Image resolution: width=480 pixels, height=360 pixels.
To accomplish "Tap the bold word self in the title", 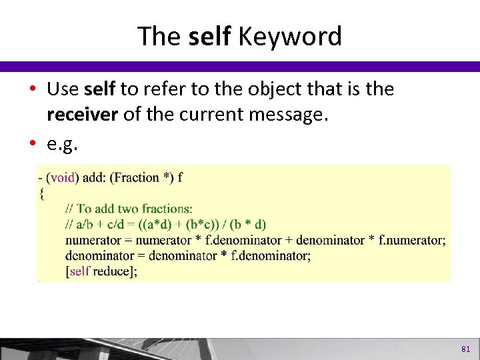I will click(x=210, y=37).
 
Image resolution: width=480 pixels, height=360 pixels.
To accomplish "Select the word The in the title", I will click(x=159, y=37).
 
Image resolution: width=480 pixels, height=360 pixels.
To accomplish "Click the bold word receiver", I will click(x=82, y=115).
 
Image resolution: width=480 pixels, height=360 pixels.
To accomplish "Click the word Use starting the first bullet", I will click(x=64, y=89).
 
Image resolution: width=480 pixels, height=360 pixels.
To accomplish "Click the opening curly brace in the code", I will click(x=41, y=193).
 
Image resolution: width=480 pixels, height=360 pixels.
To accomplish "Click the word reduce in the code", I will click(x=111, y=271).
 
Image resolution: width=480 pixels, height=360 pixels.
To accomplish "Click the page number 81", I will click(x=465, y=349).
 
